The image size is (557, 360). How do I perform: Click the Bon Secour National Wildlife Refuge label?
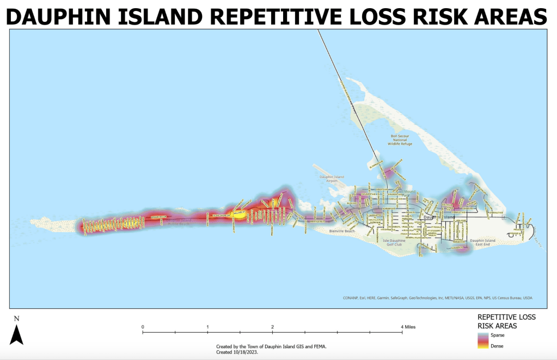point(399,141)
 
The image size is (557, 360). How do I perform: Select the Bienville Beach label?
point(342,231)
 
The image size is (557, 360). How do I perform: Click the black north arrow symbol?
point(16,334)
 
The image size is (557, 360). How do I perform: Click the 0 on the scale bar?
point(143,327)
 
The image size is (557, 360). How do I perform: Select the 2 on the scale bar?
point(272,327)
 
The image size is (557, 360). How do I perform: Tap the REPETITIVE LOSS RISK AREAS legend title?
point(506,321)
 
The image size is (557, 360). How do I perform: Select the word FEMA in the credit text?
point(319,346)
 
